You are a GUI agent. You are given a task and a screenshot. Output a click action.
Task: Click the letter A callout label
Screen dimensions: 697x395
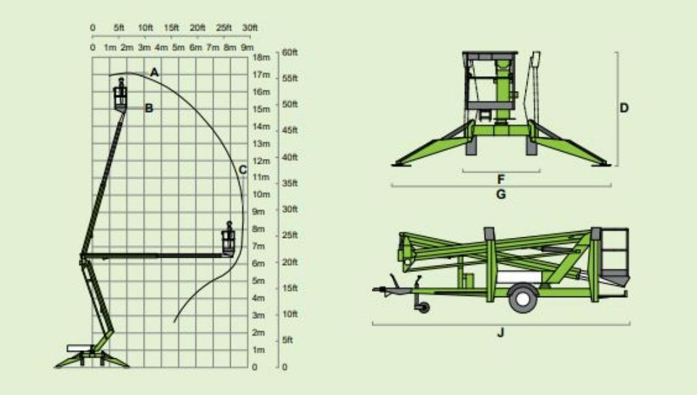click(155, 72)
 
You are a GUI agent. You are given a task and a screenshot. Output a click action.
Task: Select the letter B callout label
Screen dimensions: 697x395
click(149, 108)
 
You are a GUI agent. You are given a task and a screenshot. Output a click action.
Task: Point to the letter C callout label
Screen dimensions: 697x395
click(243, 170)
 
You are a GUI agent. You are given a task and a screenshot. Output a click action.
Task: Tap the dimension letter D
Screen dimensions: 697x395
click(624, 108)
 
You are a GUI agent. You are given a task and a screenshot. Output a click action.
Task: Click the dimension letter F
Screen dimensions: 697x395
click(501, 179)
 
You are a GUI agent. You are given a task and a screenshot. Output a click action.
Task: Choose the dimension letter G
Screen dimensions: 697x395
click(501, 194)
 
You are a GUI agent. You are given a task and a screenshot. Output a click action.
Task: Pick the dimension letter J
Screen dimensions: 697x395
click(501, 332)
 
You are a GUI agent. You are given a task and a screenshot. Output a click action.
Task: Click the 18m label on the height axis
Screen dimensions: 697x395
click(261, 57)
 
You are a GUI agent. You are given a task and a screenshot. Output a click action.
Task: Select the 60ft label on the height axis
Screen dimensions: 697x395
click(290, 52)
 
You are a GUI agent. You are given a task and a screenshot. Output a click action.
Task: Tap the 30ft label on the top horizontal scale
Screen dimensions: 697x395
click(250, 27)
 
